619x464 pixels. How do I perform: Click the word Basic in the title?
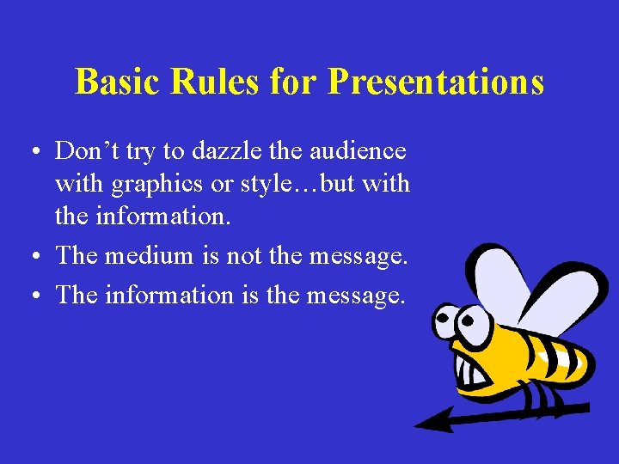tap(120, 82)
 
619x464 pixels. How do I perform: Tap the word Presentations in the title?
tap(436, 82)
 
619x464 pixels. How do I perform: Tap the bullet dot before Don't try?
tap(32, 154)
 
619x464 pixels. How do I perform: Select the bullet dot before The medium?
tap(32, 257)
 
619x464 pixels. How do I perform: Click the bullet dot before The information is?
tap(32, 296)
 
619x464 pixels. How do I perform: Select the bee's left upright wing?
tap(495, 275)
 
